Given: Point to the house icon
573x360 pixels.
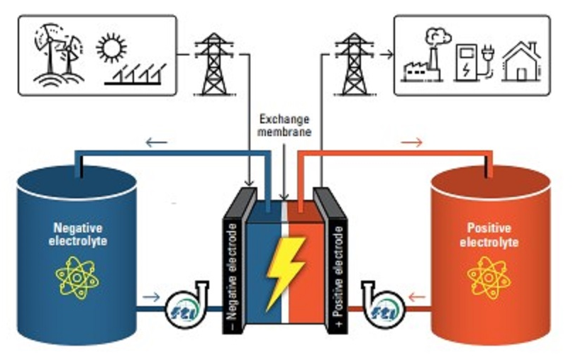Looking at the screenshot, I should pos(521,60).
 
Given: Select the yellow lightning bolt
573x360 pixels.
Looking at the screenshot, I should pos(284,273).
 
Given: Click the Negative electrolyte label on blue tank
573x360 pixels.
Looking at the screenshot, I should pos(77,234).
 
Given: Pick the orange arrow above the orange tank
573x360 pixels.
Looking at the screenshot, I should pos(411,143).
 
